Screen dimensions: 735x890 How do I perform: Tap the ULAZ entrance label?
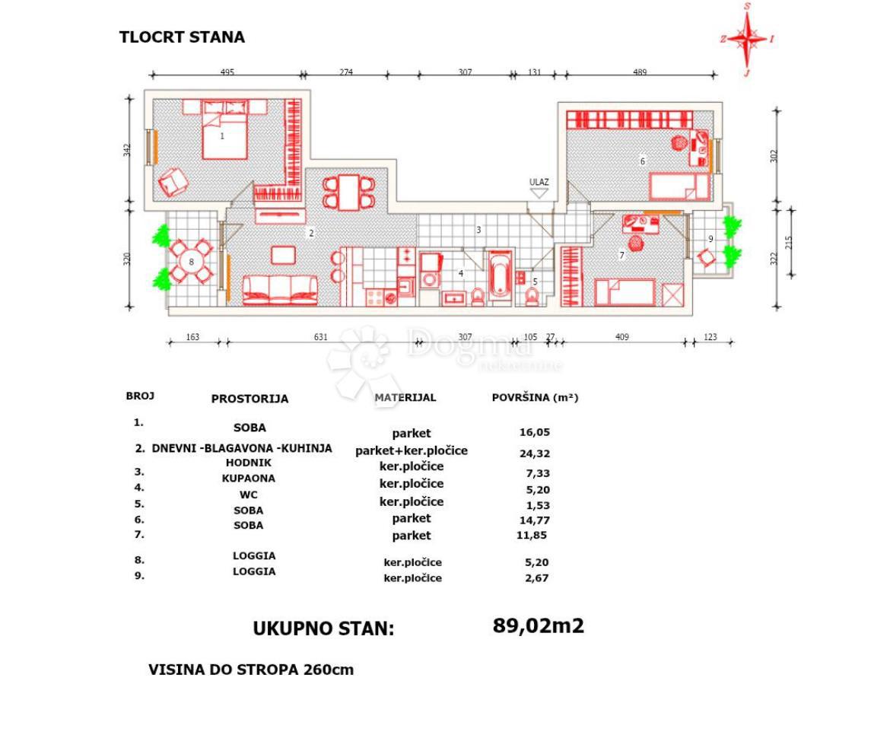(x=539, y=182)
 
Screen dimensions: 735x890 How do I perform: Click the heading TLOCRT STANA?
(x=182, y=37)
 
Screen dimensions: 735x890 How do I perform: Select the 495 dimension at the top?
(x=227, y=72)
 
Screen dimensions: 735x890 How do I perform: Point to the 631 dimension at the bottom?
(x=320, y=337)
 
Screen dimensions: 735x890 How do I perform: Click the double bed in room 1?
(x=224, y=130)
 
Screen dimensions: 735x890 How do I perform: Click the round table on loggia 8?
(x=191, y=260)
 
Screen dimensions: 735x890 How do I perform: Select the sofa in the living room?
(x=280, y=289)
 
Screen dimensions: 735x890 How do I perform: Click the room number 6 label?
(x=643, y=161)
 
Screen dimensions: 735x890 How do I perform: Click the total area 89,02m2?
(x=539, y=626)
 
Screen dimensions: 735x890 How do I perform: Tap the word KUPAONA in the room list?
(x=249, y=479)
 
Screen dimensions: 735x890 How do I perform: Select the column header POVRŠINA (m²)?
(x=535, y=397)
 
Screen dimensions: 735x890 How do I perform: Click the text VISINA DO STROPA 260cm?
(x=251, y=670)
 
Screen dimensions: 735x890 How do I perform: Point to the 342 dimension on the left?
(x=128, y=151)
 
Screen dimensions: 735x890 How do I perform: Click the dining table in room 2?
(x=349, y=192)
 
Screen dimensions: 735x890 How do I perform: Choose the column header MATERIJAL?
(x=405, y=397)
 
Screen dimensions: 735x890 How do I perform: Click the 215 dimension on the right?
(x=790, y=243)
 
